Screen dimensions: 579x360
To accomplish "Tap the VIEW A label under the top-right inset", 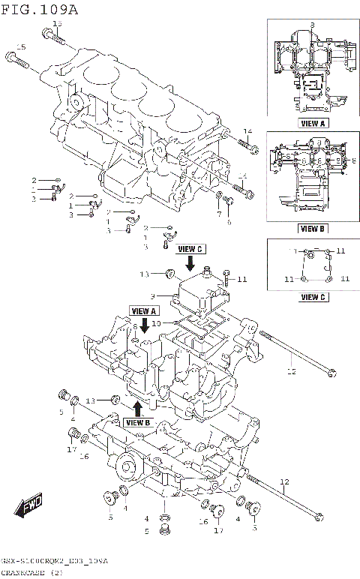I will pyautogui.click(x=313, y=123).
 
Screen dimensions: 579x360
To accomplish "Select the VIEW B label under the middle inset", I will pyautogui.click(x=313, y=228).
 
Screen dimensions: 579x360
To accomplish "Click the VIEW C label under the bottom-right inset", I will pyautogui.click(x=313, y=297).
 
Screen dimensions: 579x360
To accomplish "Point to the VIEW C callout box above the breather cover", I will pyautogui.click(x=190, y=249).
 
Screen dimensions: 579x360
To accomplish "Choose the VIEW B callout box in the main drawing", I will pyautogui.click(x=138, y=422).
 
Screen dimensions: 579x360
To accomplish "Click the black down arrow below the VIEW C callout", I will pyautogui.click(x=190, y=263).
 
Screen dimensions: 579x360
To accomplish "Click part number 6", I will pyautogui.click(x=229, y=222).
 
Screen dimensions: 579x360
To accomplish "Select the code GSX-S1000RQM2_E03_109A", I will pyautogui.click(x=54, y=561).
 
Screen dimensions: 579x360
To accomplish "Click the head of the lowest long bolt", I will pyautogui.click(x=320, y=516).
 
